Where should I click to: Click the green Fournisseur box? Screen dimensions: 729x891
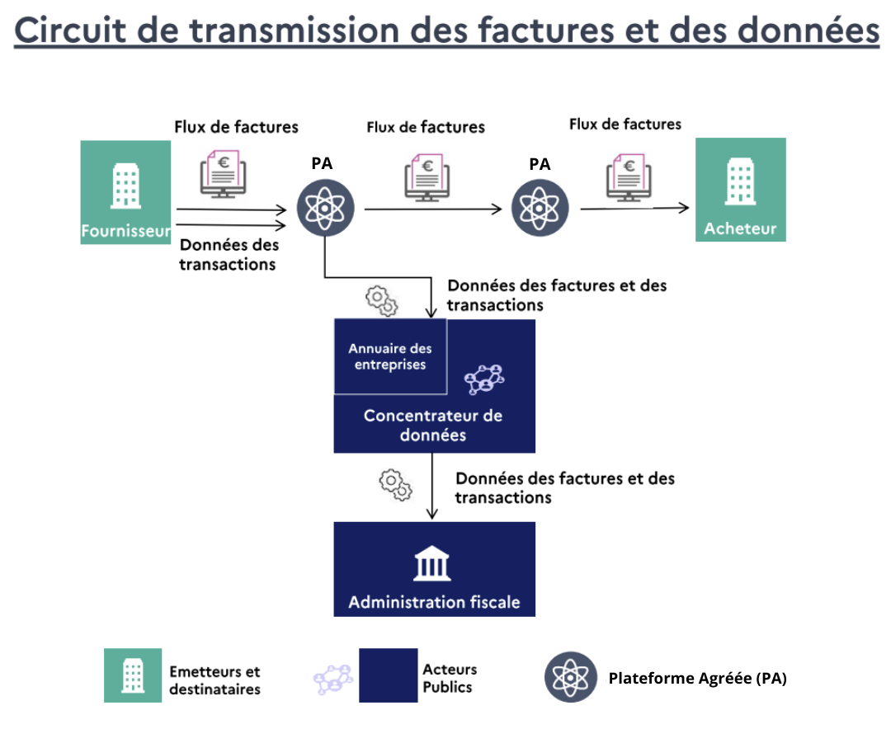tap(125, 191)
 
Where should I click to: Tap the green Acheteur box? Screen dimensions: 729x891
tap(740, 189)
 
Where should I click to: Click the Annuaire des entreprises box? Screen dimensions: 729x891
tap(389, 357)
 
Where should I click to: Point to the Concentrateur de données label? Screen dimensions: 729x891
tap(433, 425)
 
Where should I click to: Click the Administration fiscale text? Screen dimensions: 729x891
tap(434, 602)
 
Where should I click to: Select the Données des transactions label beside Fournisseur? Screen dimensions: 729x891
tap(229, 255)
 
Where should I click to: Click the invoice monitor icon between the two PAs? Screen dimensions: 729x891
tap(427, 176)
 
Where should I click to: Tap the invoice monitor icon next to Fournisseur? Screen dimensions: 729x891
tap(224, 175)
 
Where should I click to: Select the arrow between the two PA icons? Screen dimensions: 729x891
tap(432, 209)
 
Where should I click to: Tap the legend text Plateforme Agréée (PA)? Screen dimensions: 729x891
tap(697, 679)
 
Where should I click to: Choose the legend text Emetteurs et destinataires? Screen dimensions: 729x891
tap(214, 680)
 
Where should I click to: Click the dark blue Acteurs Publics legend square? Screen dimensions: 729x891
tap(388, 675)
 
